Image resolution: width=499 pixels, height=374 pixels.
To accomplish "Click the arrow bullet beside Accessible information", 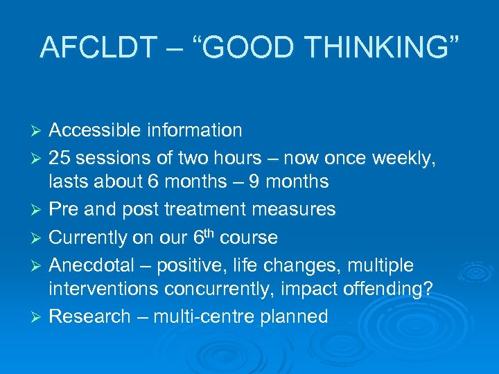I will (x=38, y=131).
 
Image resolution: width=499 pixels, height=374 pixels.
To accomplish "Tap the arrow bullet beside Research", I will (x=38, y=317).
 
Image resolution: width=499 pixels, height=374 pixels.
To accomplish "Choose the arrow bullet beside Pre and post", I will (x=38, y=210).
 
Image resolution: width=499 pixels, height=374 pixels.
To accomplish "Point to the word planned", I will (x=294, y=317).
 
